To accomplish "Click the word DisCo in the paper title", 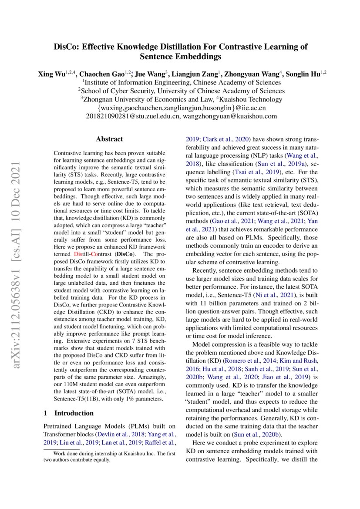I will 66,47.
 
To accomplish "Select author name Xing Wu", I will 52,74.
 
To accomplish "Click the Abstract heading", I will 109,139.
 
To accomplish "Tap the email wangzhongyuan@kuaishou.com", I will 230,117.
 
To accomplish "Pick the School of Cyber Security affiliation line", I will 182,91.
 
